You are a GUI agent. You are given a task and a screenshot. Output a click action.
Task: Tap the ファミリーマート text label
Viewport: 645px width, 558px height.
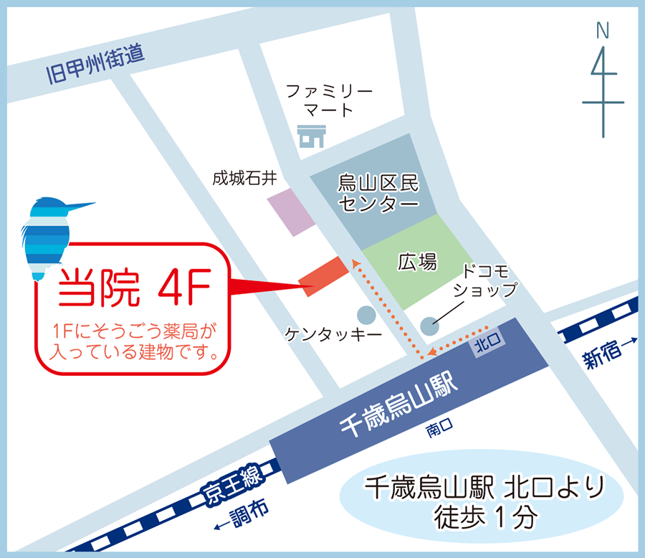pos(329,100)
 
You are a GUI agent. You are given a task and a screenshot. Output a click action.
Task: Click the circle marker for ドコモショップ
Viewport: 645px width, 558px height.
pos(429,326)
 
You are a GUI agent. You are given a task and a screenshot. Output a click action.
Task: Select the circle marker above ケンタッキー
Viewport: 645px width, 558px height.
pos(365,314)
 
